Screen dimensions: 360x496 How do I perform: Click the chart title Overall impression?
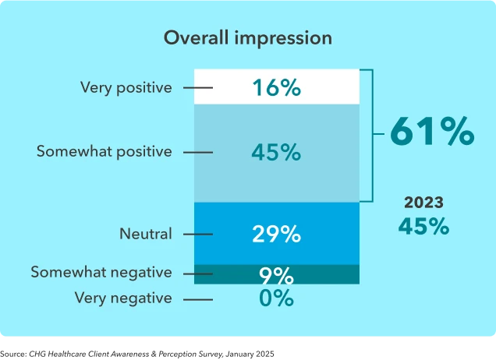pos(247,38)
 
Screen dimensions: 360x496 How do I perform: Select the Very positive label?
pos(126,87)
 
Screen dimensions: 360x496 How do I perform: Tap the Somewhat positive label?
pos(104,151)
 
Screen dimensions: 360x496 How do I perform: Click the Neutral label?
pos(146,234)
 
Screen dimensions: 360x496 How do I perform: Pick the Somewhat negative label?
pos(101,273)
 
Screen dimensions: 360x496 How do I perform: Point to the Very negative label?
pos(123,298)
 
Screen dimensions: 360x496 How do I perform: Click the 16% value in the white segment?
pos(276,88)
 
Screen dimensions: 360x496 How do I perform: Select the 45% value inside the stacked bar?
pos(276,153)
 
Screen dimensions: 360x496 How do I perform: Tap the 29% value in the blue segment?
pos(276,234)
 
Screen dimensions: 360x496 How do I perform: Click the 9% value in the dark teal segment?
pos(276,275)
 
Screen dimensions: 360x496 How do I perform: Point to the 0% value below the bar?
pos(276,298)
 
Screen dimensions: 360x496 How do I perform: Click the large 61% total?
pos(431,132)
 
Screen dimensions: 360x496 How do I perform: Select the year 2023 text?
pos(423,203)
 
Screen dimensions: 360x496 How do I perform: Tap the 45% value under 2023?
pos(423,227)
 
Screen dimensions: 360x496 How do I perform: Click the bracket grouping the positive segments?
pos(373,135)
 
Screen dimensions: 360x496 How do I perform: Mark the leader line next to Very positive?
pos(198,88)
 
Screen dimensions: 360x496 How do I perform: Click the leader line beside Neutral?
pos(198,234)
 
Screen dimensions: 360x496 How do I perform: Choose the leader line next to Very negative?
pos(198,298)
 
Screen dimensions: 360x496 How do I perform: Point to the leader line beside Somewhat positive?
pos(198,152)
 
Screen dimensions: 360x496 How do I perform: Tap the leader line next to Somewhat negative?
pos(198,274)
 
